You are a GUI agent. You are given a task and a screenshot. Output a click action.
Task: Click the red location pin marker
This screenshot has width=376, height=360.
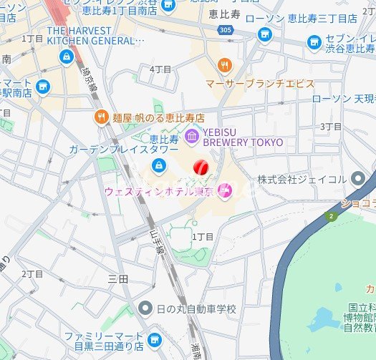(201, 167)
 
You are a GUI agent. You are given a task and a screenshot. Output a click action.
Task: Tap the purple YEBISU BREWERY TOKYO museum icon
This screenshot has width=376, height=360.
(191, 136)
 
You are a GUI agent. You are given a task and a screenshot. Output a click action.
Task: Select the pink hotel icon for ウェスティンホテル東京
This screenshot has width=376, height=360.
(224, 190)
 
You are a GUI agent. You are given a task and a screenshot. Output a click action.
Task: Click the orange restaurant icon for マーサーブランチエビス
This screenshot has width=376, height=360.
(226, 66)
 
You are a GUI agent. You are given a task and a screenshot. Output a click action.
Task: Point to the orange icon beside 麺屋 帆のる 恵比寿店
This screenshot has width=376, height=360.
(101, 117)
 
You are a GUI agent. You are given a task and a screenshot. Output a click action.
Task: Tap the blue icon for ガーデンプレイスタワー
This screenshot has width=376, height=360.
(157, 165)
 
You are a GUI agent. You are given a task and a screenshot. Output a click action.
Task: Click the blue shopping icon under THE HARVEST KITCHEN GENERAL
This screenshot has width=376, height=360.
(67, 56)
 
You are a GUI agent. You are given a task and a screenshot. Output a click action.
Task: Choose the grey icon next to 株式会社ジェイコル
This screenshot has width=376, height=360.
(359, 179)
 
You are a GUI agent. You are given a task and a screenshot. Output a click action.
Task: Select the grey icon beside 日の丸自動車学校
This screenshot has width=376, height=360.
(146, 308)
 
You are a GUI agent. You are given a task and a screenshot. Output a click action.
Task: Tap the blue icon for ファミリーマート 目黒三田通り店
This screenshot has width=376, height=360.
(153, 339)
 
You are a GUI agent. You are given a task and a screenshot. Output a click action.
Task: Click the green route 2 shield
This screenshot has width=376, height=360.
(331, 215)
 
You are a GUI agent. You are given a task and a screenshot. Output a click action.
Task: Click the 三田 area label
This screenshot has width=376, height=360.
(117, 278)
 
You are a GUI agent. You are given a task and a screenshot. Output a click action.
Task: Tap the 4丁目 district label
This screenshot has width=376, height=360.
(160, 69)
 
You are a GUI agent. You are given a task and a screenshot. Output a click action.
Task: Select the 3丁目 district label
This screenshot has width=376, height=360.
(330, 126)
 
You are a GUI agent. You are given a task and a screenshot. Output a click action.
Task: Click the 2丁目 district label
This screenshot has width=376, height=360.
(32, 274)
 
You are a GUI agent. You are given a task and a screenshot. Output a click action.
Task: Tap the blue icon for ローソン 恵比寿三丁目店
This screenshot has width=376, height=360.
(265, 34)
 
